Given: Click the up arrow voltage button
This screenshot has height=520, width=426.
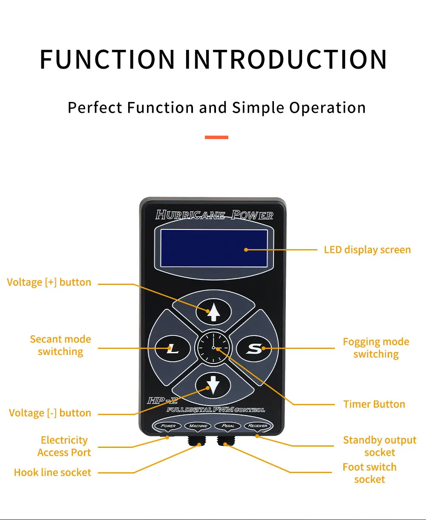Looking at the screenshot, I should click(x=213, y=313).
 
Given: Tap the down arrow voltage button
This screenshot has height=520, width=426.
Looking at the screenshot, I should click(x=213, y=385).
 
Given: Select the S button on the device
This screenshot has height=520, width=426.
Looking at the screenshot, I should click(x=254, y=349).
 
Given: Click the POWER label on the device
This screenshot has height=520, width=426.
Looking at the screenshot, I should click(x=169, y=425).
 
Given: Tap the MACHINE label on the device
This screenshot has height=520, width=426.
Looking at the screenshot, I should click(x=199, y=425).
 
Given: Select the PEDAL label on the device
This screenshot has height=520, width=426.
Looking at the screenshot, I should click(x=228, y=425).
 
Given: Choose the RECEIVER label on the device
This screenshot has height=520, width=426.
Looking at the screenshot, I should click(x=258, y=425).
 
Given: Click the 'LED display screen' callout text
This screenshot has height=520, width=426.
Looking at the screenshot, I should click(x=367, y=250).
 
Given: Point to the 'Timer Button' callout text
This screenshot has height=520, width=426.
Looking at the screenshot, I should click(x=374, y=404).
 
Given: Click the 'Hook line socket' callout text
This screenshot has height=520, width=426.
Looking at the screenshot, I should click(x=52, y=472).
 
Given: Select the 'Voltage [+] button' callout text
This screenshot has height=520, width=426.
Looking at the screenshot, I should click(x=49, y=282).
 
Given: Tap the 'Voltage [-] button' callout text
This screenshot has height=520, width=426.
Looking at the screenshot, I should click(x=50, y=413).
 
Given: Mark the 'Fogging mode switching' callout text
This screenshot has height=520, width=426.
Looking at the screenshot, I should click(x=376, y=348).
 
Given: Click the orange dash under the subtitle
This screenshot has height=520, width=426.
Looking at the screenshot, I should click(x=216, y=137).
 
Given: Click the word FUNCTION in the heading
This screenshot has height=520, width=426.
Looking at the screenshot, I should click(x=107, y=59).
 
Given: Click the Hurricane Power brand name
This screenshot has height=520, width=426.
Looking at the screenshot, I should click(x=214, y=215).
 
